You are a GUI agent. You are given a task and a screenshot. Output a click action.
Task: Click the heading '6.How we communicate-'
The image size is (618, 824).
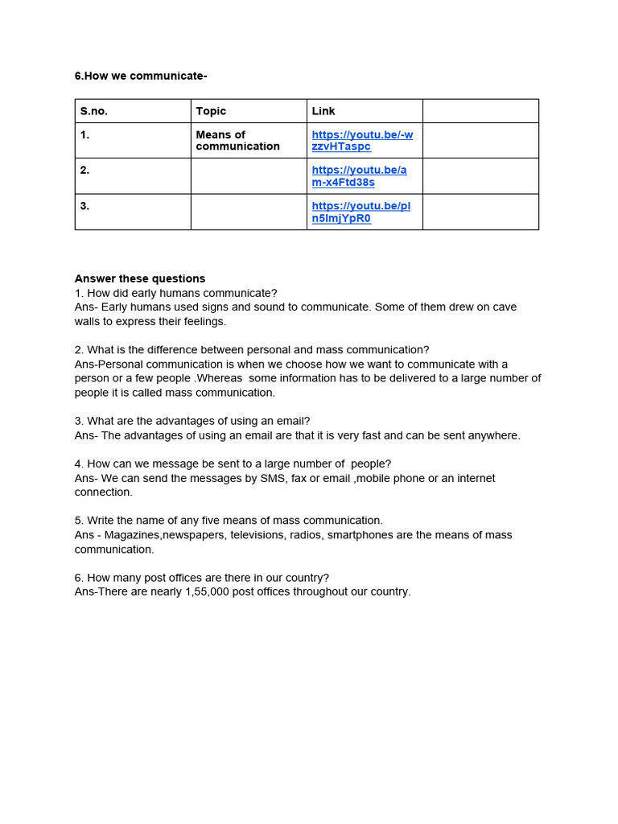(141, 76)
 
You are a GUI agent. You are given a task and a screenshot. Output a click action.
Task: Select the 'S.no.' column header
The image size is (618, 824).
(94, 111)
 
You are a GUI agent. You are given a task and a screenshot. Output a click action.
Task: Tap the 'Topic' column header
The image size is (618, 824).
(211, 111)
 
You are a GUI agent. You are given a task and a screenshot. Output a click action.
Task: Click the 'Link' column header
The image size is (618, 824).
(323, 111)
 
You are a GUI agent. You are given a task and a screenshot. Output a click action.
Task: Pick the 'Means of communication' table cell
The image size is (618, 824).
(237, 140)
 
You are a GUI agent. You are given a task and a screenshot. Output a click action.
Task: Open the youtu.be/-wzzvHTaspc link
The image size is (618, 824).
(362, 140)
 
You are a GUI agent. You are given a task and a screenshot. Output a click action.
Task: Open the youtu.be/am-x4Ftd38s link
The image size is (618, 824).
(359, 176)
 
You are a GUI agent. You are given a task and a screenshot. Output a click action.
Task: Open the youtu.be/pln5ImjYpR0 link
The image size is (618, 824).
(360, 212)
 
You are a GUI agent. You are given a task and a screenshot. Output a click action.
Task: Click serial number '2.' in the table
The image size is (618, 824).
(85, 170)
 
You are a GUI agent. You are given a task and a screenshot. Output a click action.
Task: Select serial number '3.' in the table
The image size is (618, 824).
(85, 205)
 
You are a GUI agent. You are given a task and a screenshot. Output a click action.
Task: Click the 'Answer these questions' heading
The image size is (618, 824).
(140, 278)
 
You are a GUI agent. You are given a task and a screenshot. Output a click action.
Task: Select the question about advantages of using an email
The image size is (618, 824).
(192, 421)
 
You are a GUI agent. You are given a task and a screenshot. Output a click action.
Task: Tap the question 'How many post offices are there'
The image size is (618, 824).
(202, 577)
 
